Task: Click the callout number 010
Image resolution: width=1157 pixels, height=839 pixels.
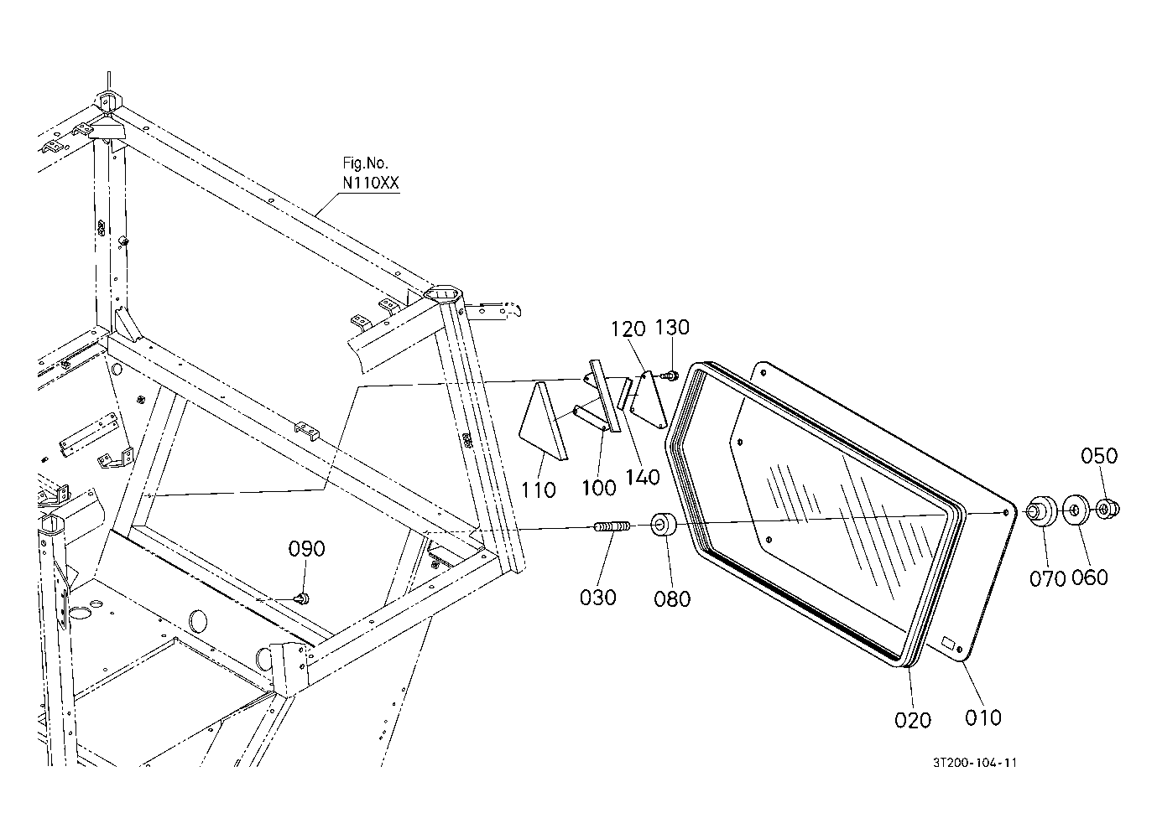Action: click(983, 717)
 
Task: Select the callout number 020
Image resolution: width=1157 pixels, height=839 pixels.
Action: click(913, 720)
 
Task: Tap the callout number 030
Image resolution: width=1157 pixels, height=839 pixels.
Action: click(597, 598)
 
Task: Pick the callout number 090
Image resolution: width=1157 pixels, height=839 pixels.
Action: click(307, 548)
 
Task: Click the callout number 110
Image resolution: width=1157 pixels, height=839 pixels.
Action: click(538, 489)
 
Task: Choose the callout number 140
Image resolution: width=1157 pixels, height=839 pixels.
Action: click(643, 477)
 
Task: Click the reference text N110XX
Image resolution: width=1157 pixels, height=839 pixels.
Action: click(371, 184)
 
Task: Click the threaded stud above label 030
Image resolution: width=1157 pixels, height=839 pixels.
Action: click(612, 526)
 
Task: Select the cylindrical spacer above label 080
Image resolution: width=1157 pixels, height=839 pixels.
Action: click(664, 524)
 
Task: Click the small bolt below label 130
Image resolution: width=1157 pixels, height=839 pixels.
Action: click(670, 375)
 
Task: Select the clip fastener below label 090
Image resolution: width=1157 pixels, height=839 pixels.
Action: click(302, 598)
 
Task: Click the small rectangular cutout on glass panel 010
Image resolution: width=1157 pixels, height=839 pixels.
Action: click(949, 643)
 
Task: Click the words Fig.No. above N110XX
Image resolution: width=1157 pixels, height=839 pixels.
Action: click(365, 163)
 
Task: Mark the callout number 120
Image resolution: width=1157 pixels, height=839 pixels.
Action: click(628, 329)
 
